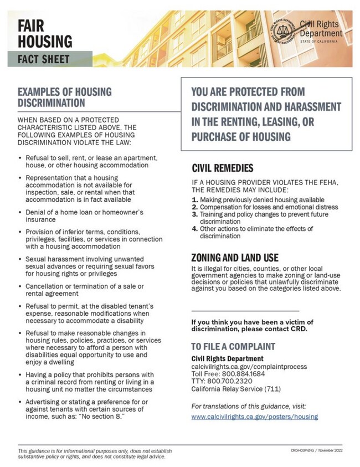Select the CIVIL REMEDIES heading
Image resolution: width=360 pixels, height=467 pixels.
click(223, 168)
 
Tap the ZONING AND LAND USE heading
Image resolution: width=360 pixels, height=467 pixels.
click(234, 258)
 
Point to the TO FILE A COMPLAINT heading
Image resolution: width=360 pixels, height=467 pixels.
click(233, 347)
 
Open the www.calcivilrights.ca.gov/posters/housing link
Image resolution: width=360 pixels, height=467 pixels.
click(254, 417)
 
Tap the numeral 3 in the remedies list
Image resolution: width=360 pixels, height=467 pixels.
click(194, 214)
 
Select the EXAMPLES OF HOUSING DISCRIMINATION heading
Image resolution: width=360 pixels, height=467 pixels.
click(64, 97)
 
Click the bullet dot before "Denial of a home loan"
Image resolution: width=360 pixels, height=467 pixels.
click(20, 213)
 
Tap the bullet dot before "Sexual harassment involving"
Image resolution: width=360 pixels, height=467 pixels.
click(20, 259)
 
